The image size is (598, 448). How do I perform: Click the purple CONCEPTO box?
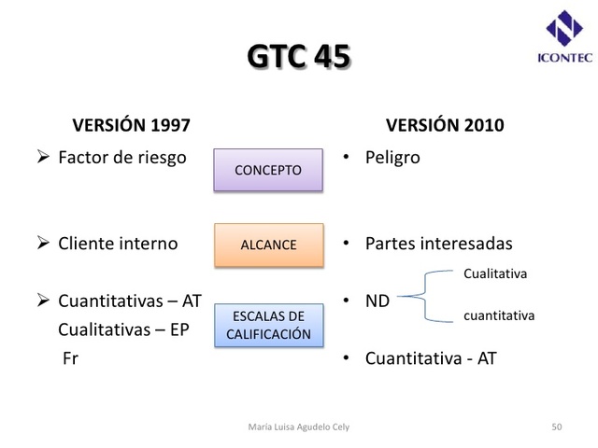click(x=267, y=171)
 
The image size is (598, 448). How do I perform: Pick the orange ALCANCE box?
click(x=267, y=245)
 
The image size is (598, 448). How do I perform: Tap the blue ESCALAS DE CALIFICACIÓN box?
click(x=268, y=325)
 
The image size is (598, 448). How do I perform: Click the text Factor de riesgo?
click(x=122, y=157)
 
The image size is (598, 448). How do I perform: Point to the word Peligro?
click(x=392, y=157)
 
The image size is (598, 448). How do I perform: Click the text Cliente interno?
click(x=118, y=244)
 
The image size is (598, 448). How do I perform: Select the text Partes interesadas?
click(x=438, y=244)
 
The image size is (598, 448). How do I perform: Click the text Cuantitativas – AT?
click(x=129, y=301)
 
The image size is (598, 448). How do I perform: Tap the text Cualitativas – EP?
click(x=125, y=329)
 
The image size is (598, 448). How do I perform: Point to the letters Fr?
click(x=70, y=357)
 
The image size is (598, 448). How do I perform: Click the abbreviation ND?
click(x=377, y=301)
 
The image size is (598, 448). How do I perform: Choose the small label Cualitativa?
click(x=495, y=273)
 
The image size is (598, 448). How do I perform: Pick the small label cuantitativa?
click(x=499, y=315)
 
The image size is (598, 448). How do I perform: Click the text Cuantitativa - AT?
click(x=431, y=357)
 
